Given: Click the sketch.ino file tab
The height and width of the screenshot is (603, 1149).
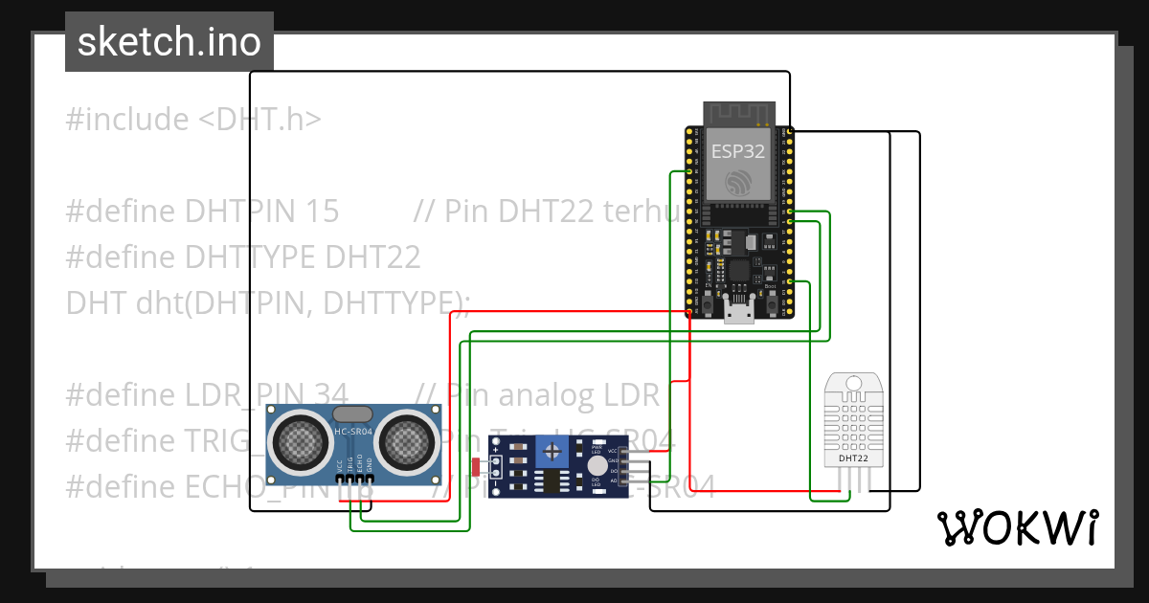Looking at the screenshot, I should click(x=169, y=42).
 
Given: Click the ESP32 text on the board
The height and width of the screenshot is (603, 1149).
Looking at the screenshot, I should click(x=737, y=150).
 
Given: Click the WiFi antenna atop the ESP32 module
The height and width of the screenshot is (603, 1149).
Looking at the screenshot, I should click(x=737, y=113).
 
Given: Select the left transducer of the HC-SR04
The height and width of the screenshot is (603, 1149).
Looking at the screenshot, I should click(x=300, y=440).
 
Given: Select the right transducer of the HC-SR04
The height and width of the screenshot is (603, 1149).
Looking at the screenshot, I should click(x=407, y=440).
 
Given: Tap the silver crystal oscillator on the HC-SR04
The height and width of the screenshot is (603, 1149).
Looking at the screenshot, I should click(x=352, y=413).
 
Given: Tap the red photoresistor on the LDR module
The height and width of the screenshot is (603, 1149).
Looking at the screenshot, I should click(x=478, y=466).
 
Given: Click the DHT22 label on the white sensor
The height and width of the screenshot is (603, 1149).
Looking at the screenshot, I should click(x=853, y=458).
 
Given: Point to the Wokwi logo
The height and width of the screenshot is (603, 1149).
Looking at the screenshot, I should click(x=1016, y=527).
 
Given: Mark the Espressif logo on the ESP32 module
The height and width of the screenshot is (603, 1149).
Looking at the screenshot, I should click(x=738, y=181).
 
